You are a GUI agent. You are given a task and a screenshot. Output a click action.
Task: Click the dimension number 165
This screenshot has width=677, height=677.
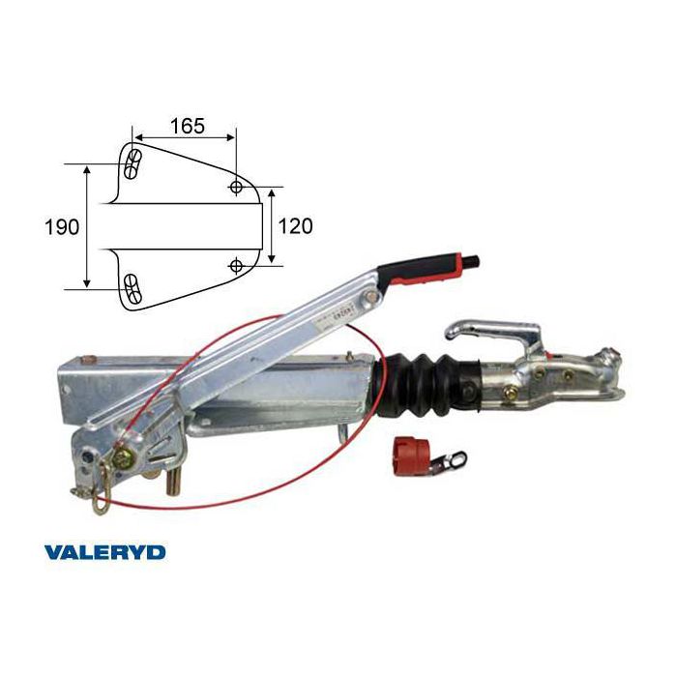[x=188, y=126]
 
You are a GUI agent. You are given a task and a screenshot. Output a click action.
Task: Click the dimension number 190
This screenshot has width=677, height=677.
[x=62, y=226]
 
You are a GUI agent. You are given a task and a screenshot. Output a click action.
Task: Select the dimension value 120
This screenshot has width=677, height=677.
[x=295, y=226]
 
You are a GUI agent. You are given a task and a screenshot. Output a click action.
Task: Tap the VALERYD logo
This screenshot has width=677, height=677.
[x=104, y=552]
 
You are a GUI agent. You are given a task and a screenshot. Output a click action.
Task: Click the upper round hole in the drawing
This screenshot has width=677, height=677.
[x=236, y=187]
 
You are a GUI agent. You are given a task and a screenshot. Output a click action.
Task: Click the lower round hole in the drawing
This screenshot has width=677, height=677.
[x=236, y=265]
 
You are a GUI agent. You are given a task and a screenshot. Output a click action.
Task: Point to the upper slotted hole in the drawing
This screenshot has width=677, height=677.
[x=131, y=164]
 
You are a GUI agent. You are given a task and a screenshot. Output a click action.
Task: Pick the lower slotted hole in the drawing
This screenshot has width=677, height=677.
[x=131, y=289]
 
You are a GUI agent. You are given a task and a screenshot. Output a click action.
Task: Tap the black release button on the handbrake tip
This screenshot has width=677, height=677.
[x=471, y=262]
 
